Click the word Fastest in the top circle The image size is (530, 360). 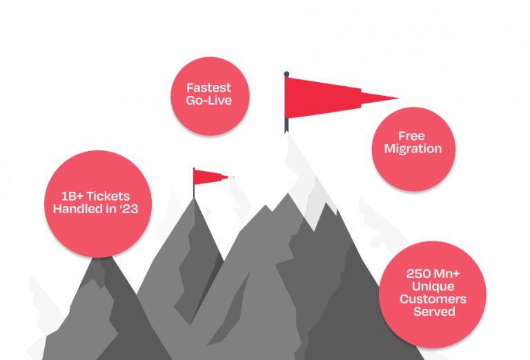click(x=209, y=88)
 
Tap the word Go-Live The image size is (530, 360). click(x=209, y=100)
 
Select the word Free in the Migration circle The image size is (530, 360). click(x=411, y=136)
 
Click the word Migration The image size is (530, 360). click(x=413, y=149)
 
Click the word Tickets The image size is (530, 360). click(x=108, y=197)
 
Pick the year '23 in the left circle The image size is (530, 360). click(x=130, y=209)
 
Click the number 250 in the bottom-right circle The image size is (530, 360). click(x=418, y=273)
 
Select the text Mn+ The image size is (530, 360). click(x=447, y=273)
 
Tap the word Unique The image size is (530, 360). click(x=433, y=286)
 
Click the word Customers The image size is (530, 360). click(x=433, y=299)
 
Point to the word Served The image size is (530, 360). click(x=434, y=311)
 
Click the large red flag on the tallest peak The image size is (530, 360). click(x=324, y=98)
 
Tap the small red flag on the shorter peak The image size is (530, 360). click(x=210, y=177)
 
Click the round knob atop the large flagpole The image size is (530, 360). click(x=286, y=74)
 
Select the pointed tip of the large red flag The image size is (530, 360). click(x=399, y=98)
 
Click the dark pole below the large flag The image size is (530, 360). click(x=286, y=125)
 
